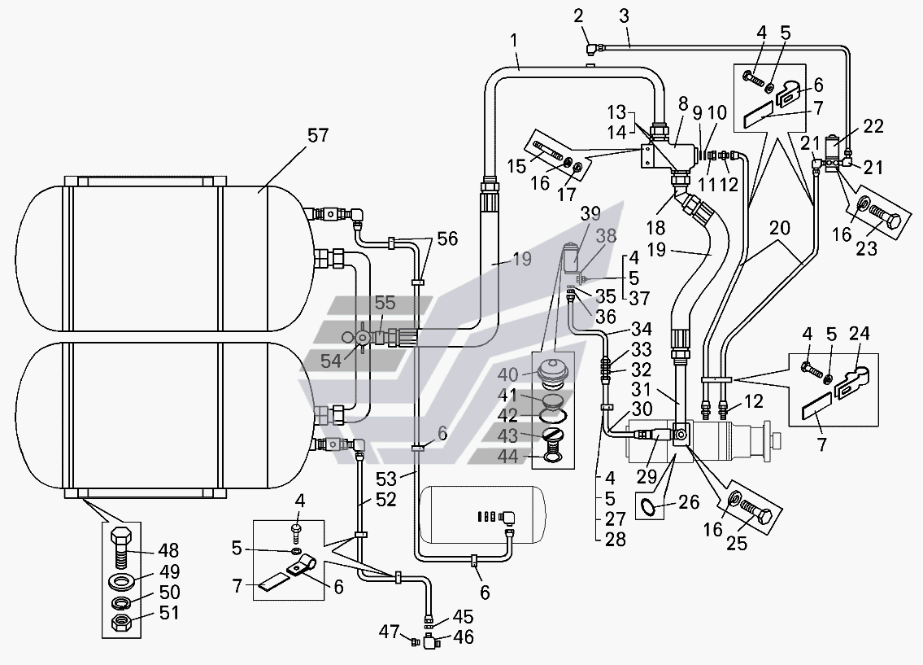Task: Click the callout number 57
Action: (318, 135)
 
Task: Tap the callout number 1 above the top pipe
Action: (514, 41)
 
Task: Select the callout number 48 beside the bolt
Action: (169, 551)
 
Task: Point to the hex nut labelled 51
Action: (123, 622)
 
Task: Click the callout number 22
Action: (873, 127)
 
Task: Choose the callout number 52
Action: (386, 500)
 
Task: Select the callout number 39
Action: (590, 214)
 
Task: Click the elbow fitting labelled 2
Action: (591, 46)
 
